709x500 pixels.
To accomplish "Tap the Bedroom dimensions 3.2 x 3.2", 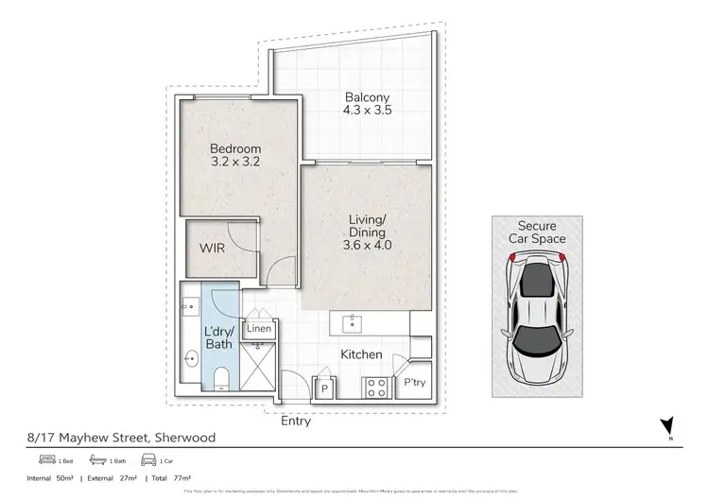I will [234, 162].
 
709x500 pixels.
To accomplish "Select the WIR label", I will [211, 249].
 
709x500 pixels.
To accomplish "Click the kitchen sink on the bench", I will [353, 324].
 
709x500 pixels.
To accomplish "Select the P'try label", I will [414, 383].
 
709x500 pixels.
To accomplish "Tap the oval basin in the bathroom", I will [190, 359].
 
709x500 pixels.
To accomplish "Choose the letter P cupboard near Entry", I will [324, 388].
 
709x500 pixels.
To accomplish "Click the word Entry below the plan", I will [296, 422].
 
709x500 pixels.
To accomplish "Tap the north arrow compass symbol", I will [670, 428].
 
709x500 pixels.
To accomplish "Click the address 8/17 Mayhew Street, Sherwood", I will [122, 438].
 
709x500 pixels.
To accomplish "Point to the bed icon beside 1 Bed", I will [44, 460].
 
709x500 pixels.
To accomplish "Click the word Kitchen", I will [361, 354].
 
